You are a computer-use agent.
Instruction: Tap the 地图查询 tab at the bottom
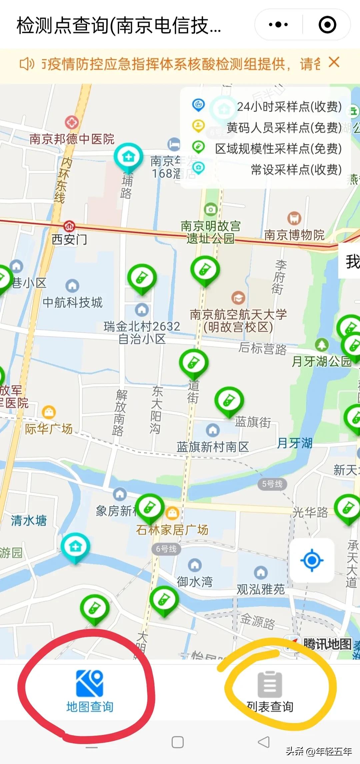click(x=89, y=691)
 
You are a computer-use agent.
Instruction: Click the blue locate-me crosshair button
click(x=312, y=560)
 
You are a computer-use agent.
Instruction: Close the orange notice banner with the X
click(x=334, y=62)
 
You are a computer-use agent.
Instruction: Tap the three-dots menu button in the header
click(x=278, y=25)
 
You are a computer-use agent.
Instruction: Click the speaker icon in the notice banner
click(x=27, y=64)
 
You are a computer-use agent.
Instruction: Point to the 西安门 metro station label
click(x=69, y=239)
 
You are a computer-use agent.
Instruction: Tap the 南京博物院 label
click(x=294, y=235)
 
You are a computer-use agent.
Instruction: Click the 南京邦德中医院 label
click(x=72, y=139)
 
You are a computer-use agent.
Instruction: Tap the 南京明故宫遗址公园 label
click(x=210, y=232)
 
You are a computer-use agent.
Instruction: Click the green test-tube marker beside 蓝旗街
click(x=229, y=401)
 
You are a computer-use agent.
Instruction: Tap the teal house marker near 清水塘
click(x=75, y=547)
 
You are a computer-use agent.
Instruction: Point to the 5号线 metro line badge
click(x=272, y=484)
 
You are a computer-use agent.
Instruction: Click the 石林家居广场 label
click(x=172, y=529)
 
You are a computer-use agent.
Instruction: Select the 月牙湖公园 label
click(x=321, y=361)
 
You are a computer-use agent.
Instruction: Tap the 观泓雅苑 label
click(x=261, y=589)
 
